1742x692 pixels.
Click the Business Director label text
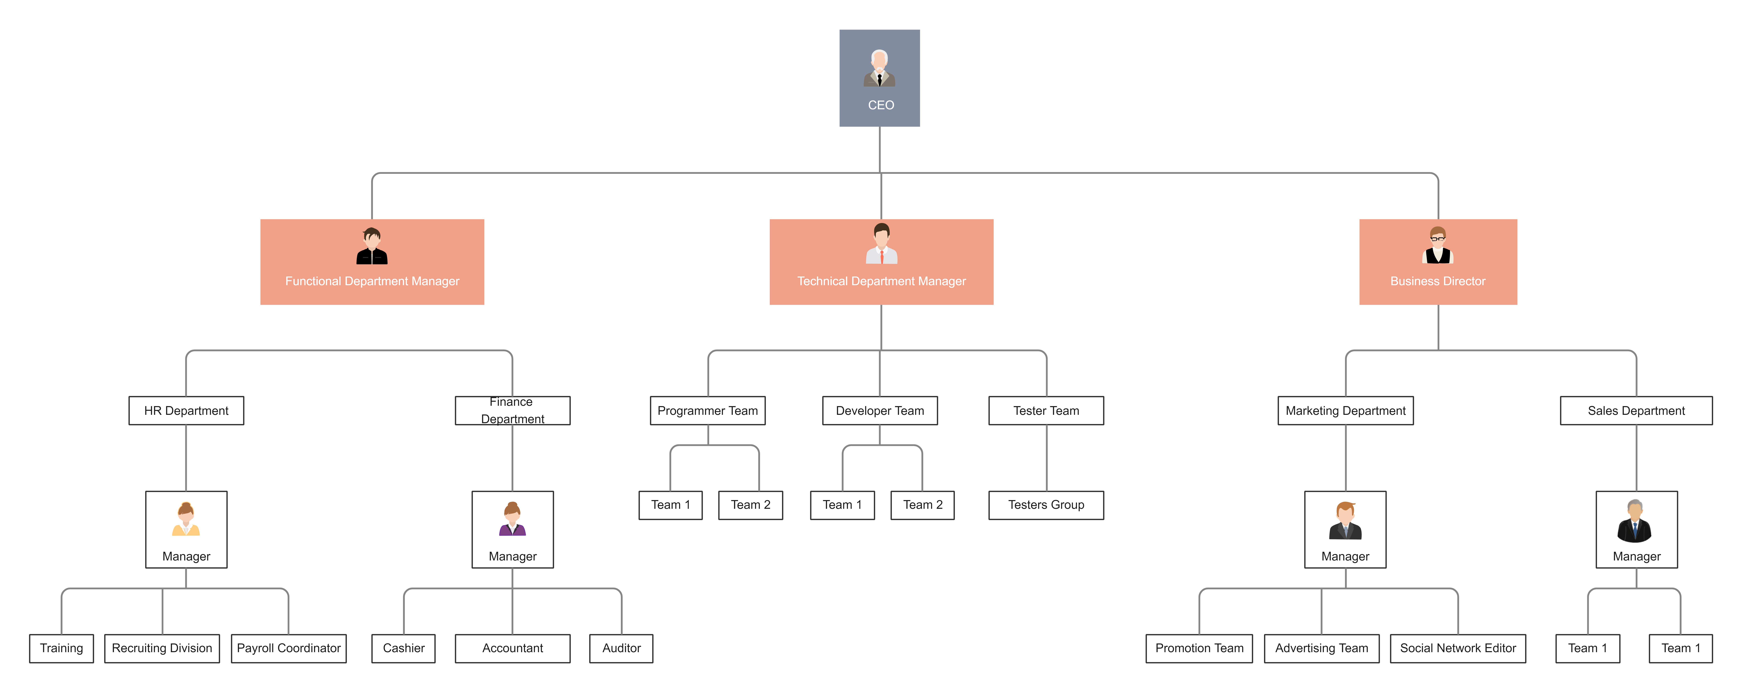click(1438, 281)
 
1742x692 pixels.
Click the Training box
click(61, 648)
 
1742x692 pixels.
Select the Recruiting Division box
click(162, 648)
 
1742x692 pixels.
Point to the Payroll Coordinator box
click(289, 648)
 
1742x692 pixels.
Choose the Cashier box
click(404, 648)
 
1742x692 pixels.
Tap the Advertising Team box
click(1321, 648)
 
